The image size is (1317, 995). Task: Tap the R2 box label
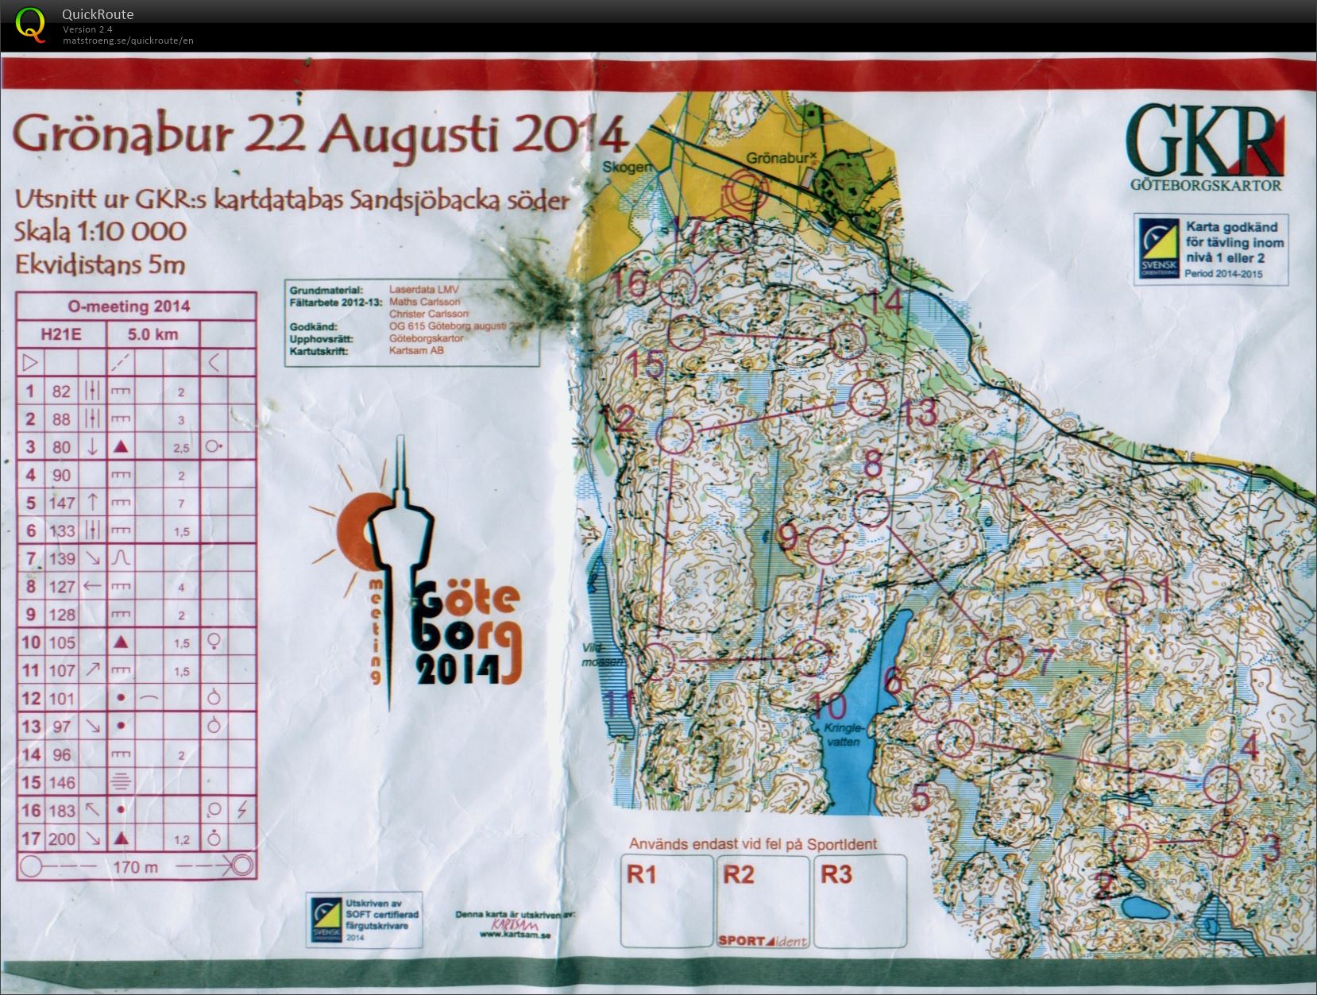(x=738, y=874)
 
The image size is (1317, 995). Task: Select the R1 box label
(x=642, y=874)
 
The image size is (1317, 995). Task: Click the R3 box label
(x=836, y=874)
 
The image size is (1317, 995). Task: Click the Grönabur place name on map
(x=779, y=158)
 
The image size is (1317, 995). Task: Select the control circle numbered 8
(x=871, y=508)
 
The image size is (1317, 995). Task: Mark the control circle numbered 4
(x=1221, y=784)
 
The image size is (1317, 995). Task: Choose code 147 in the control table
(x=61, y=503)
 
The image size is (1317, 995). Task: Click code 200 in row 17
(x=61, y=839)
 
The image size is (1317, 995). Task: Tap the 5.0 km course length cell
(x=153, y=334)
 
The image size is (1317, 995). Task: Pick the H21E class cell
(x=61, y=334)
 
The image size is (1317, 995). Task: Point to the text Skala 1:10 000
(x=100, y=231)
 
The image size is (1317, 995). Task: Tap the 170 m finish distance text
(x=136, y=866)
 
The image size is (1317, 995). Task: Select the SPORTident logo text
(x=763, y=941)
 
